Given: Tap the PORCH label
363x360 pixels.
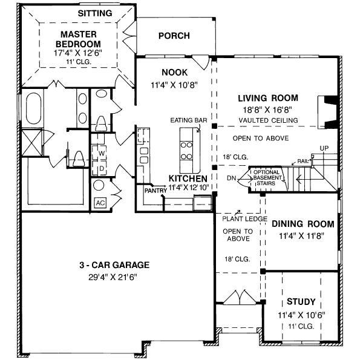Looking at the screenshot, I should point(174,36).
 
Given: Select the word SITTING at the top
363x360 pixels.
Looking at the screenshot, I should point(95,13).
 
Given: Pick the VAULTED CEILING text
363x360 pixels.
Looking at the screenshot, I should point(268,120).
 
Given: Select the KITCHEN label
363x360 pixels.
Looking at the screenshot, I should point(188,179).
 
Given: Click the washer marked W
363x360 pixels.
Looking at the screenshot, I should point(102,153).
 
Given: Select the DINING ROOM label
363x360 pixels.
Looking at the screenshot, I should point(302,224).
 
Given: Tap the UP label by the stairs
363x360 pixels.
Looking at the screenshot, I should point(324,148).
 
